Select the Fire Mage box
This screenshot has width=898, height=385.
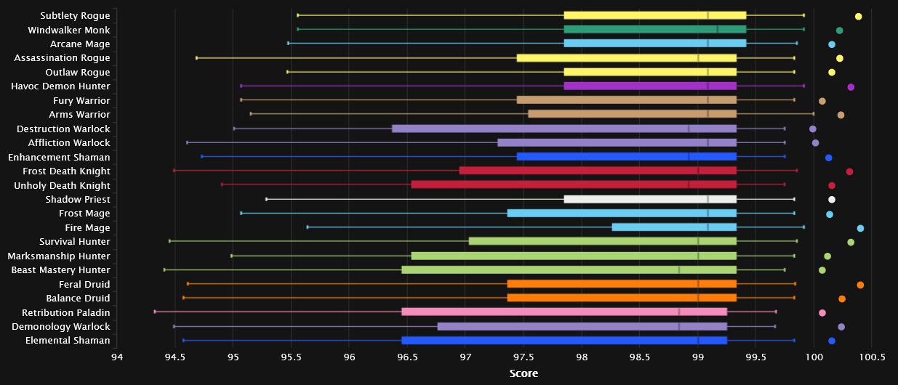[x=674, y=227]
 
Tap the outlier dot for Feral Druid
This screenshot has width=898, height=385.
[x=860, y=285]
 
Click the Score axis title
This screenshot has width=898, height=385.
[x=524, y=373]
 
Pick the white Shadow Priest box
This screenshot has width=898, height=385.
[x=650, y=199]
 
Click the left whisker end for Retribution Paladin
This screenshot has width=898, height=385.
[x=155, y=312]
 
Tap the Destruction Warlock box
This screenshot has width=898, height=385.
[x=564, y=129]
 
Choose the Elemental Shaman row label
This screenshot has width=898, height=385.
[x=68, y=341]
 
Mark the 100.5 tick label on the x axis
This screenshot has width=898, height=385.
[x=872, y=357]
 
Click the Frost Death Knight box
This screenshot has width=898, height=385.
[x=598, y=171]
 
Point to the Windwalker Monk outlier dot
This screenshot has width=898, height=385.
[x=839, y=31]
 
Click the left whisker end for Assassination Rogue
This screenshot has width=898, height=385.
[x=197, y=57]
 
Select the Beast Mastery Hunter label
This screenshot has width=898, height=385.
[x=60, y=270]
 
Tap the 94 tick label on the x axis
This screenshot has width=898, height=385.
[x=117, y=357]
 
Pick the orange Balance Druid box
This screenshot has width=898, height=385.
[x=622, y=298]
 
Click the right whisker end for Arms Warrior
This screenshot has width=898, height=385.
[x=813, y=114]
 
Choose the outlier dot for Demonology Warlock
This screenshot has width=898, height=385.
[x=841, y=327]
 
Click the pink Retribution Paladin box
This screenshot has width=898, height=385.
[x=564, y=312]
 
